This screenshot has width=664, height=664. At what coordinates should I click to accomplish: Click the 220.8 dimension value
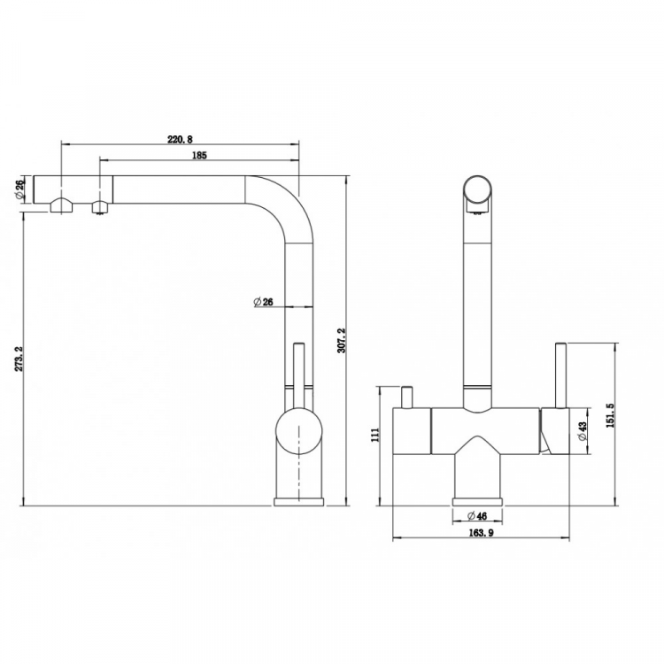click(180, 139)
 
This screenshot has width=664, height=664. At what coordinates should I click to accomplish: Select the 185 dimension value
click(199, 156)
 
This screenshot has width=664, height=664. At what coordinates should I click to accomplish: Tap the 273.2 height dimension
click(19, 359)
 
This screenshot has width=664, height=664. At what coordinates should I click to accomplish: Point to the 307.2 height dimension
click(342, 340)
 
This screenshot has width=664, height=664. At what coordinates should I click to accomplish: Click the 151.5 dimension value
click(611, 415)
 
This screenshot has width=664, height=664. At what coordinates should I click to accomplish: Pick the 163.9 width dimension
click(481, 533)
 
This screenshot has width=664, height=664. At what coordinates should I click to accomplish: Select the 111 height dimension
click(375, 435)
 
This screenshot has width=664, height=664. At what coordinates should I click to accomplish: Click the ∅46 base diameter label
click(477, 516)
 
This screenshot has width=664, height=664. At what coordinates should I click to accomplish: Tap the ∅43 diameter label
click(583, 431)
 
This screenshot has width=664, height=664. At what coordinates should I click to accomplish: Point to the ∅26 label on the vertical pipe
click(263, 302)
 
